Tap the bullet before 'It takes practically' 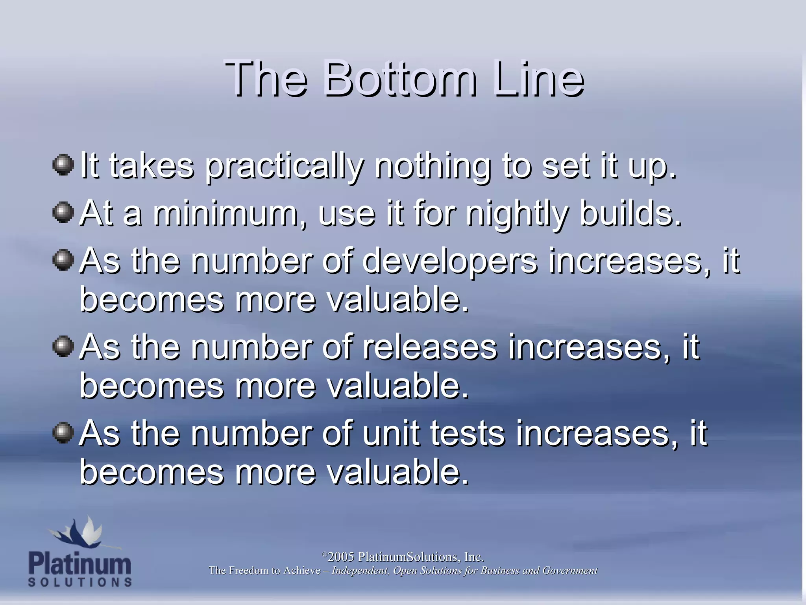coord(63,165)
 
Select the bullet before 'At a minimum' coord(63,213)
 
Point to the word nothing coord(433,167)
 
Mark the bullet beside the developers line coord(63,260)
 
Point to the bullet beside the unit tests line coord(63,433)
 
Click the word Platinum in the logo coord(80,564)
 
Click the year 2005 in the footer coord(341,557)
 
